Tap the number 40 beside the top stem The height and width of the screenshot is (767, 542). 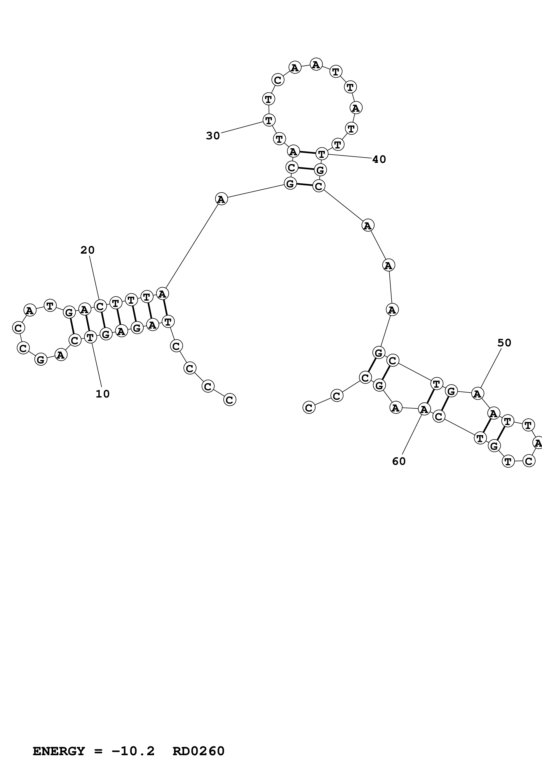tap(379, 159)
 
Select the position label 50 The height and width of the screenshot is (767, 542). tap(504, 343)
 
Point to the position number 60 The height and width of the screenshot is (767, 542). tap(399, 461)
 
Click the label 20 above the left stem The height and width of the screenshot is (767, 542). tap(87, 250)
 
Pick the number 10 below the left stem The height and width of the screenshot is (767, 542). tap(103, 394)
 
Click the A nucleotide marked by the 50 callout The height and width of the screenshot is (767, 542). tap(478, 394)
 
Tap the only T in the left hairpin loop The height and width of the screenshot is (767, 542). tap(50, 305)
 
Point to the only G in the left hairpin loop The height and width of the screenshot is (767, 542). tap(41, 359)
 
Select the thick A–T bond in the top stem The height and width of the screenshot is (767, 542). tap(307, 153)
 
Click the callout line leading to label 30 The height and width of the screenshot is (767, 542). tap(242, 127)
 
